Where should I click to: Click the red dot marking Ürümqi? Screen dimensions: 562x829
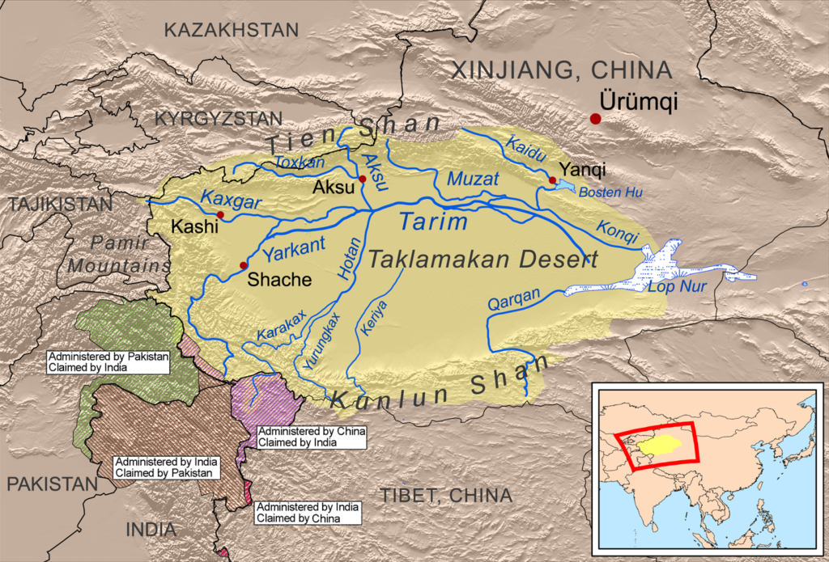[596, 119]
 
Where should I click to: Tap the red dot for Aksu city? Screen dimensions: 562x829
[363, 179]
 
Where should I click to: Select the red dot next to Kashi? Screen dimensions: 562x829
[220, 214]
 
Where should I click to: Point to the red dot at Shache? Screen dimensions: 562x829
[243, 265]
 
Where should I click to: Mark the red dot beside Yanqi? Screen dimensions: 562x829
[551, 180]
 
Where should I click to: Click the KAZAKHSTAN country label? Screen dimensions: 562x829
[231, 30]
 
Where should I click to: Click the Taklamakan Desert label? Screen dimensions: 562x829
[483, 260]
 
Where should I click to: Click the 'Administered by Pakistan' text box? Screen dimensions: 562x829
[106, 361]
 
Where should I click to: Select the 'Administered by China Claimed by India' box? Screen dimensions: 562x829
[311, 437]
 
